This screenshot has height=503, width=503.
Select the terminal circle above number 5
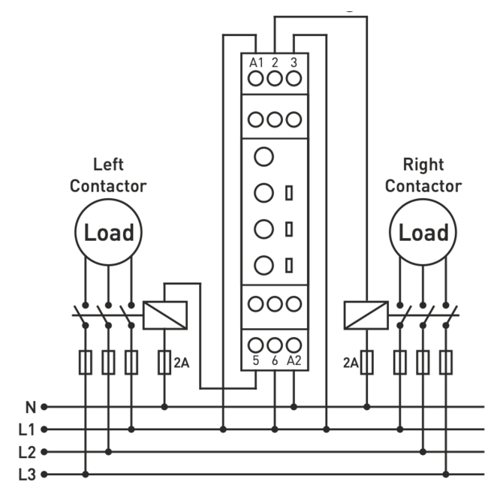coord(256,345)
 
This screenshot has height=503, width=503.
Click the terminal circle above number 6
coord(275,345)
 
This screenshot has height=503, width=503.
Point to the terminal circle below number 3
coord(294,78)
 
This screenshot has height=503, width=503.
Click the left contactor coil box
coord(164,314)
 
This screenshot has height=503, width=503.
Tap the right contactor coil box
coord(365,314)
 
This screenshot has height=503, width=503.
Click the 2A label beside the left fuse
coord(181,363)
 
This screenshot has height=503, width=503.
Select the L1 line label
coord(28,429)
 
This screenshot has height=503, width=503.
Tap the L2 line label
coord(28,452)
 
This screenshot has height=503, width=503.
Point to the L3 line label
coord(28,474)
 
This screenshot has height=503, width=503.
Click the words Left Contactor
coord(108,175)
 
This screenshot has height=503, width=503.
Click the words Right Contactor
coord(423,175)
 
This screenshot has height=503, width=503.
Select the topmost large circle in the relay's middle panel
coord(263,158)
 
